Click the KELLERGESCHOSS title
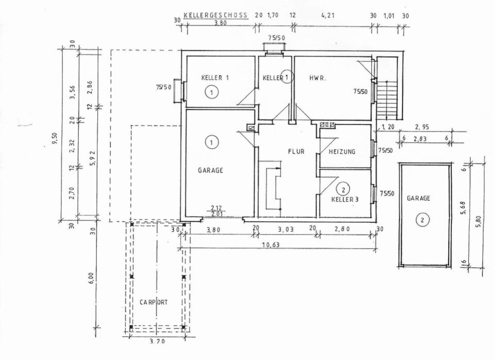point(216,15)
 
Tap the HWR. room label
point(318,78)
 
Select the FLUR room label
point(296,152)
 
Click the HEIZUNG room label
point(342,152)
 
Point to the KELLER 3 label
point(345,200)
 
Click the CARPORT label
point(154,302)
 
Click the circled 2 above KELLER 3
point(343,189)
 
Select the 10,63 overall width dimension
point(271,244)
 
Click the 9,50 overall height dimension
point(55,138)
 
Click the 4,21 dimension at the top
point(328,15)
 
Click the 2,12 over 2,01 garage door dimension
point(217,211)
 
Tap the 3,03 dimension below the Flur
point(286,230)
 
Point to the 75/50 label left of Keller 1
point(163,87)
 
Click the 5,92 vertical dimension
point(93,159)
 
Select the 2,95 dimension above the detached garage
point(422,127)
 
